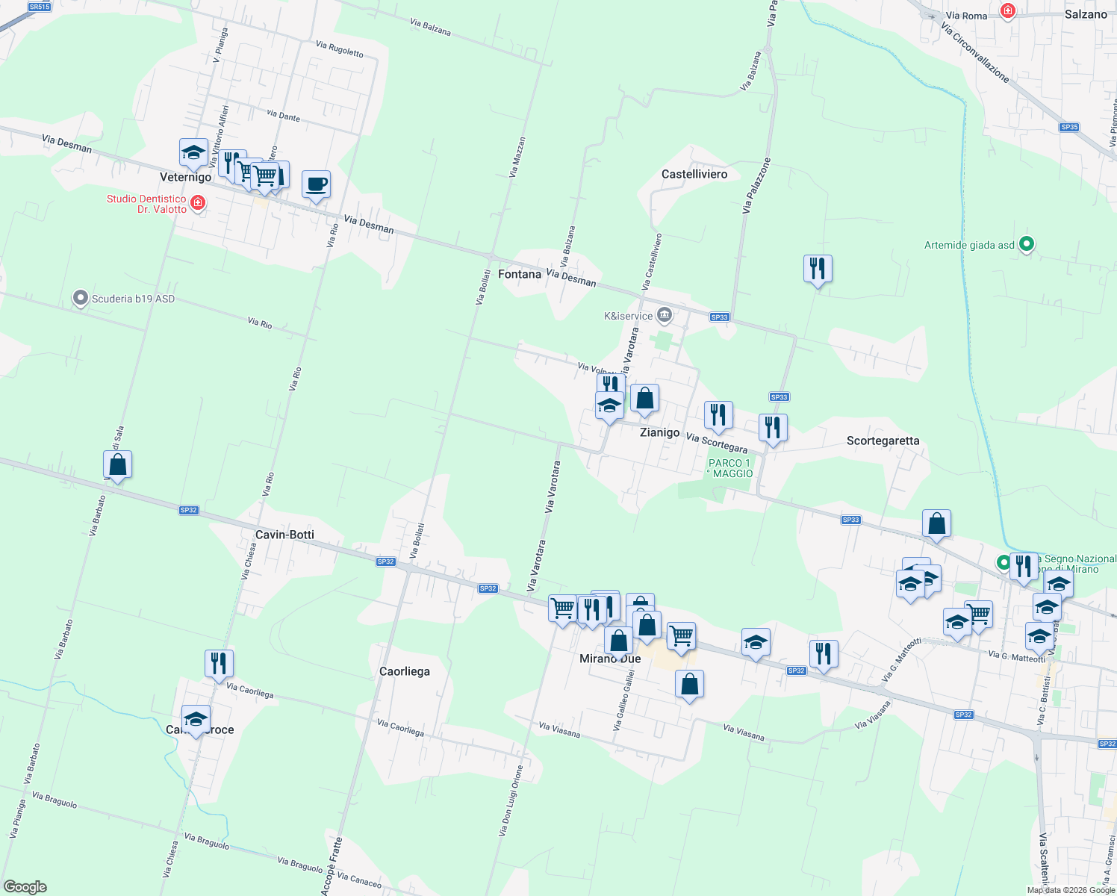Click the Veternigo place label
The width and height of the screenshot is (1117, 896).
186,177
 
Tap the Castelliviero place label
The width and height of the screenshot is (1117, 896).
694,174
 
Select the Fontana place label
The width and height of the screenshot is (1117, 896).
520,274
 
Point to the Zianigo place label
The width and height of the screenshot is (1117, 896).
660,432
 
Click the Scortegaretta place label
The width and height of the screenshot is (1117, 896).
883,441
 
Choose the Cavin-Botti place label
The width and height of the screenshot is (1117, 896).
284,535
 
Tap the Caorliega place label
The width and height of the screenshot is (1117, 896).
405,671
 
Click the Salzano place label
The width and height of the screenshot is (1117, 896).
1086,14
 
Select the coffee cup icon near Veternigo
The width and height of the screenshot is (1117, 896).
316,184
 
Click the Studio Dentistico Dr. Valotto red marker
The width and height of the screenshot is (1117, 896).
198,203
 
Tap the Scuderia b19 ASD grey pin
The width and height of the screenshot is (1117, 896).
80,299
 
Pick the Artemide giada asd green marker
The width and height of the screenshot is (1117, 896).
1027,244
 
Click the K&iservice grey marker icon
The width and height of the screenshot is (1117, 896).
664,316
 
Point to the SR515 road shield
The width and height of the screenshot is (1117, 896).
39,7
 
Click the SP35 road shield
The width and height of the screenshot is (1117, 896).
1069,127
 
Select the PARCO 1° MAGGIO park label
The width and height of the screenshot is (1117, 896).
730,468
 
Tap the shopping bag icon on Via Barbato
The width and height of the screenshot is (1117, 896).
118,464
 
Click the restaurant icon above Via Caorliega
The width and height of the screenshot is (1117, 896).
219,663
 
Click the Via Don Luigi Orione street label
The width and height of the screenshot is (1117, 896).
511,800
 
